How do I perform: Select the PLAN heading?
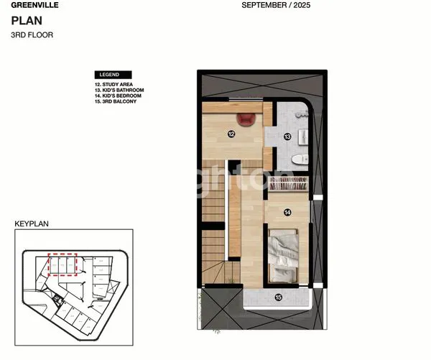(25, 21)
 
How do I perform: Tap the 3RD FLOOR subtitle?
(32, 34)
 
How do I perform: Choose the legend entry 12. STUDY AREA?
(113, 84)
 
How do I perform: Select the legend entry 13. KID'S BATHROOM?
(119, 90)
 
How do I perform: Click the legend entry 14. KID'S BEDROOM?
(118, 96)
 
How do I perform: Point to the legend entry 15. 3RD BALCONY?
(116, 101)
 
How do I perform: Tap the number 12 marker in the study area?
(231, 133)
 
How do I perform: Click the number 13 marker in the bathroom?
(287, 136)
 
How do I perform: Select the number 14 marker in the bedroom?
(287, 211)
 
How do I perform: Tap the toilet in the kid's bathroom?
(302, 157)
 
